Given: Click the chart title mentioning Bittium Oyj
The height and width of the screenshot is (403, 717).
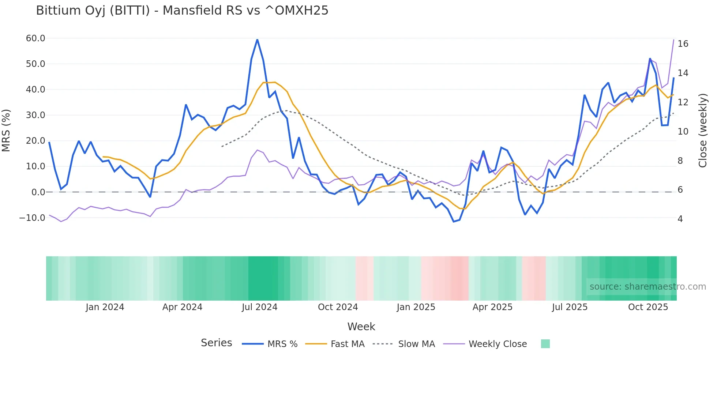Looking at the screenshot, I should (182, 11).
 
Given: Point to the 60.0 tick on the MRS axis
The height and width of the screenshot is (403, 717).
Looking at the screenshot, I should (35, 38).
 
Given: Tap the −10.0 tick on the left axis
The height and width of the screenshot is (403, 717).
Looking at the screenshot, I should (32, 218).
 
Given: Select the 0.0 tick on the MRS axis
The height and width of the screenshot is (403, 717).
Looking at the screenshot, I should (38, 192).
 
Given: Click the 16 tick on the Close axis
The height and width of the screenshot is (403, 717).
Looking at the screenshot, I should (683, 44).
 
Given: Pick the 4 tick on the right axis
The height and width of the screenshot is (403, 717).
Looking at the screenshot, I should (680, 219).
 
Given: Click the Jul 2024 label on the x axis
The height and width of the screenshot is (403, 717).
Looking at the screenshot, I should (259, 307).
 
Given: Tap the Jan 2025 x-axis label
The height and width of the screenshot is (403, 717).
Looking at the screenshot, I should (416, 307).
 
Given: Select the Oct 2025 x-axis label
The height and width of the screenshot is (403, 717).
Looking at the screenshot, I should (648, 307).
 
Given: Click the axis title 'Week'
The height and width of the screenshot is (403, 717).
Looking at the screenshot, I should (361, 327).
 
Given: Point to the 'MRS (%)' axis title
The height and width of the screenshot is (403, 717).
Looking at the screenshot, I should (6, 130).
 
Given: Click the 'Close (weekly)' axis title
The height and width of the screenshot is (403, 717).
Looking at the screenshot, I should (703, 130).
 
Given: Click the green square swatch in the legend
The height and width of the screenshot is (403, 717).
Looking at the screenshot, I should (545, 344).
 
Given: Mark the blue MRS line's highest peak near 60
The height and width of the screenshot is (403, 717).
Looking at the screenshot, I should (257, 39).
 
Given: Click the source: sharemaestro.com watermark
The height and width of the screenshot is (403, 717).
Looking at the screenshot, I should (647, 287).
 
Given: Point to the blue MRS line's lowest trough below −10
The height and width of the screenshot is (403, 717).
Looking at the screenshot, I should (454, 222).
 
